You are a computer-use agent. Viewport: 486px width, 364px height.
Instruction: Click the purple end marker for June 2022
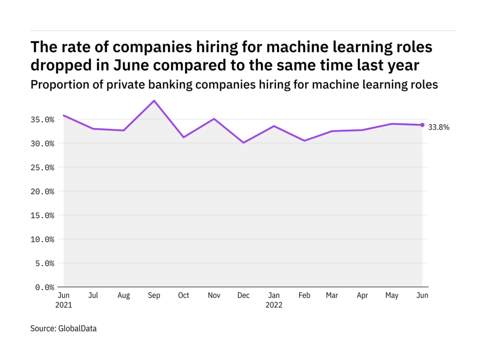(422, 125)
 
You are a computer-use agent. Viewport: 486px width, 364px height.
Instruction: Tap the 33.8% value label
(439, 127)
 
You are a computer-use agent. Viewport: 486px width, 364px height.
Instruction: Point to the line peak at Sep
(154, 100)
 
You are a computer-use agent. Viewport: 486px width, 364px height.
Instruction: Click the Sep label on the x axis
(154, 296)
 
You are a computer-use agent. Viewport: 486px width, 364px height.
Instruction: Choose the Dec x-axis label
(243, 296)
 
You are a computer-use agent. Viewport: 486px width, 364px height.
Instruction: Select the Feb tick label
(304, 296)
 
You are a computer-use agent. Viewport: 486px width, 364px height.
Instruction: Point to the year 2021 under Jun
(64, 305)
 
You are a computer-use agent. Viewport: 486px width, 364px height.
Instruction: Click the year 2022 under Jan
(273, 305)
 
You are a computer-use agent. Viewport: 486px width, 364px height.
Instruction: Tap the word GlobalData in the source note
(78, 328)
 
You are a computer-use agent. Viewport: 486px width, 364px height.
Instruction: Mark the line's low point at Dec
(243, 143)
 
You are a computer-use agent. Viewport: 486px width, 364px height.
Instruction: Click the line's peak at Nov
(214, 118)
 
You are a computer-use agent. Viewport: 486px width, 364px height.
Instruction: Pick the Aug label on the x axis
(124, 296)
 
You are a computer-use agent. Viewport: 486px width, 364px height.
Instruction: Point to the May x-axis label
(392, 296)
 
